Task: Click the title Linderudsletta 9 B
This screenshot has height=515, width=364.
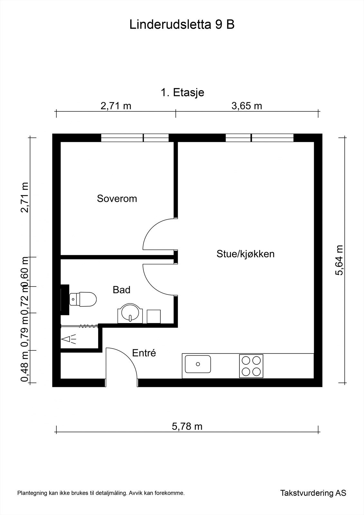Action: (182, 24)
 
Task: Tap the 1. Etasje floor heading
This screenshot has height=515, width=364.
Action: (182, 93)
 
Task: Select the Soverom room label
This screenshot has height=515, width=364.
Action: (117, 198)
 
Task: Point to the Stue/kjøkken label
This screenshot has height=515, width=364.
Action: (245, 254)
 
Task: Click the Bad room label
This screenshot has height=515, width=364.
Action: (121, 290)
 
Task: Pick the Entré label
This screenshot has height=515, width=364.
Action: (144, 353)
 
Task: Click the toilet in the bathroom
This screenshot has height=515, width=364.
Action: (83, 299)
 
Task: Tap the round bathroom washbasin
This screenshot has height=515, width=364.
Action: (130, 314)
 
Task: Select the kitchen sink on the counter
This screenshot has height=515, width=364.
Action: (198, 364)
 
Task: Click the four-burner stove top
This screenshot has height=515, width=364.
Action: (251, 366)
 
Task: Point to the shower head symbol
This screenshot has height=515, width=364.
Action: (68, 339)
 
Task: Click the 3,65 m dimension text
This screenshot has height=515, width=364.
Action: (247, 106)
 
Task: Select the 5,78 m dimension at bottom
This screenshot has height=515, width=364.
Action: (187, 426)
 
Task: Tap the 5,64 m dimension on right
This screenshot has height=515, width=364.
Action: (339, 260)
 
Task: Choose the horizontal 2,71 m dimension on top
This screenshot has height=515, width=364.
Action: (116, 106)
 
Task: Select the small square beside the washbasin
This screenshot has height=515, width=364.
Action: (154, 317)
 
